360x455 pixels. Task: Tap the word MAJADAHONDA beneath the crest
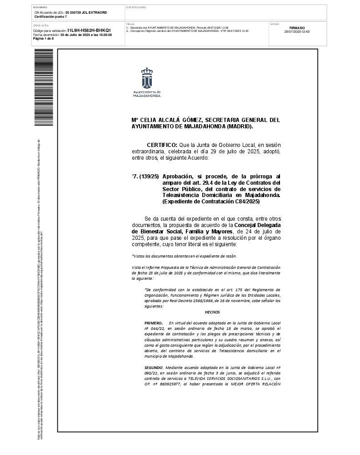[x=146, y=96]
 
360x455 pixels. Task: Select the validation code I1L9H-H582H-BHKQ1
[x=89, y=30]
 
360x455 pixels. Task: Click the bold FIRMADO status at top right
[x=297, y=28]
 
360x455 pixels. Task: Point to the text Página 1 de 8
[x=44, y=39]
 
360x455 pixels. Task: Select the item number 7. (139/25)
[x=145, y=176]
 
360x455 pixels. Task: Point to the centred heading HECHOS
[x=212, y=312]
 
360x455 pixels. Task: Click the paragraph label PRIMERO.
[x=153, y=322]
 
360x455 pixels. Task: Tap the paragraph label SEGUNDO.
[x=154, y=366]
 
